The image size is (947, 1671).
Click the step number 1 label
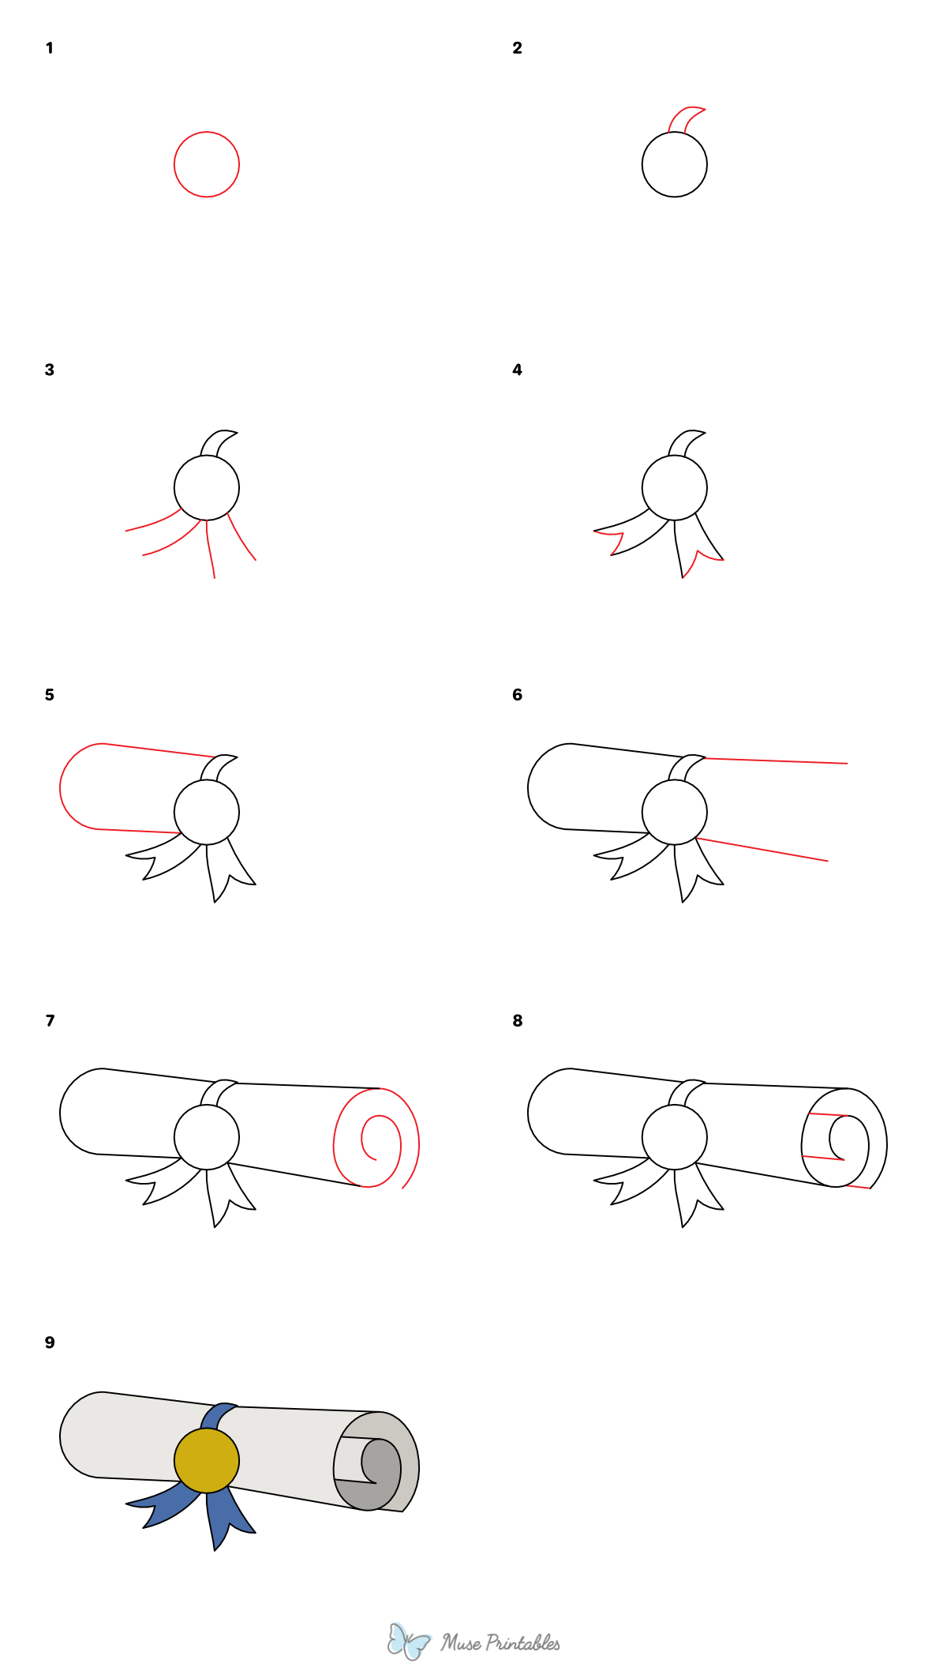pos(49,48)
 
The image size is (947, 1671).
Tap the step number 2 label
pos(517,48)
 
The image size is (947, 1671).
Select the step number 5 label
pos(49,695)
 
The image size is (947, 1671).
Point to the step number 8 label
pos(517,1020)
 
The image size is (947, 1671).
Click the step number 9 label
pos(49,1342)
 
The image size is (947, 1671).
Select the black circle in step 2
pos(675,164)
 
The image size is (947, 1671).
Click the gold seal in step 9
pos(207,1460)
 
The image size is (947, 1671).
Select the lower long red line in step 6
pos(762,850)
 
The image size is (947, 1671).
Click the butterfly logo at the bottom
pos(408,1642)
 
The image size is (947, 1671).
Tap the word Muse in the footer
pos(461,1643)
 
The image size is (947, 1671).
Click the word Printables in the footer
pos(522,1643)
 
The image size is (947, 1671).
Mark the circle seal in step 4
pos(675,487)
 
